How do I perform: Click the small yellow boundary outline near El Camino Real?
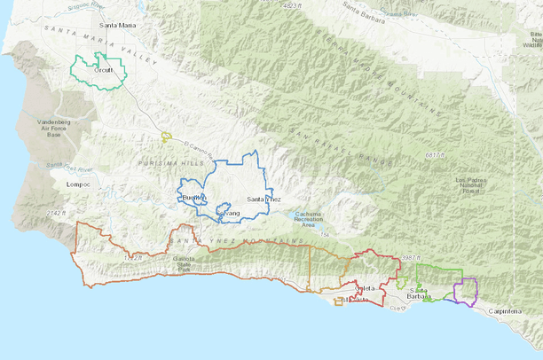coord(166,137)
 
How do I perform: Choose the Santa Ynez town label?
coord(264,200)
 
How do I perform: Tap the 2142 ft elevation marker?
coord(56,214)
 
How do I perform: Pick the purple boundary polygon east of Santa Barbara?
coord(466,291)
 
